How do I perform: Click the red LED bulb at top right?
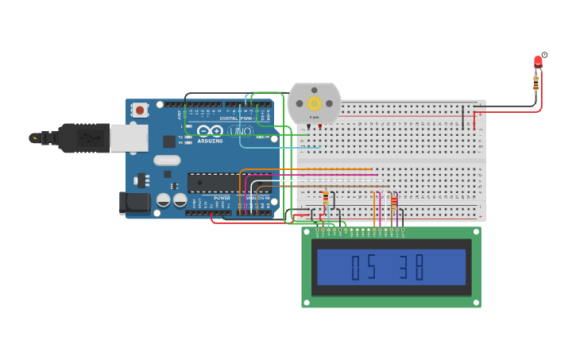click(x=538, y=61)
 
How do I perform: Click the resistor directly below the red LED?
click(x=536, y=82)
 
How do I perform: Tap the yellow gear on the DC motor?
click(x=314, y=103)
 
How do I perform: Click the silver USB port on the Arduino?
click(x=128, y=137)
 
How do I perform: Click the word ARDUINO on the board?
click(x=211, y=141)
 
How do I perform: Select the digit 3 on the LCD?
click(x=404, y=267)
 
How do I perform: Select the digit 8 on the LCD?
click(x=419, y=267)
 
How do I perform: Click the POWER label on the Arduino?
click(x=222, y=198)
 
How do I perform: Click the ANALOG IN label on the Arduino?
click(x=257, y=198)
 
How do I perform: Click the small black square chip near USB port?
click(x=169, y=141)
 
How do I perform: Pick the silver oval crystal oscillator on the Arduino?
click(x=168, y=160)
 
